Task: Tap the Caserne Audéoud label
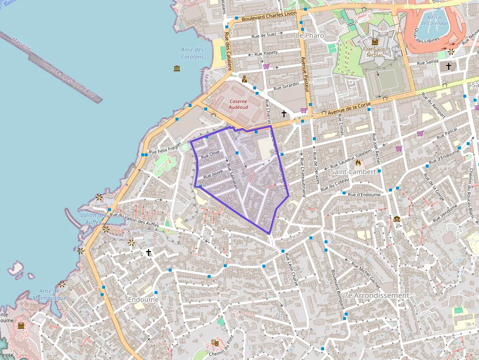[238, 104]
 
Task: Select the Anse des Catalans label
[192, 53]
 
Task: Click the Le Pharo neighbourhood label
[310, 36]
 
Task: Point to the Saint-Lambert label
[353, 172]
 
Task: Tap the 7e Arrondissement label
[376, 296]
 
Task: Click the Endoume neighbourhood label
[143, 299]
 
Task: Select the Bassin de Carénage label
[435, 21]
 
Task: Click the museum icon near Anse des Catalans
[177, 68]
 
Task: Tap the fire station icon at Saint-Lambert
[358, 163]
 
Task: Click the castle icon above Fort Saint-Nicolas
[375, 42]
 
